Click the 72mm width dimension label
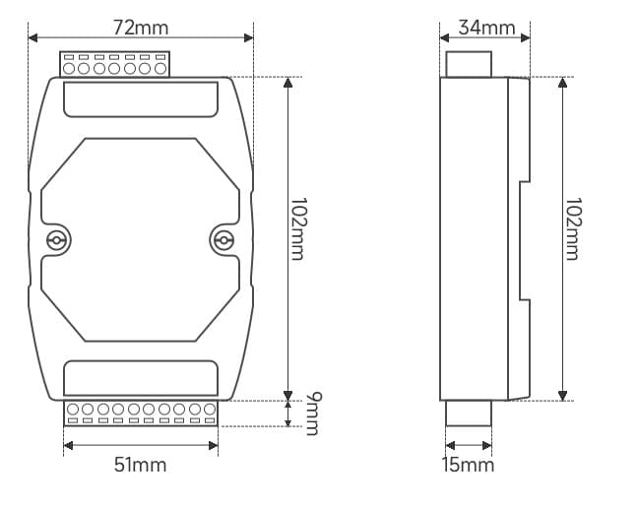[x=141, y=28]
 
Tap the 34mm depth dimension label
[x=486, y=28]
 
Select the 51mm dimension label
[x=140, y=465]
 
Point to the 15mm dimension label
[x=468, y=465]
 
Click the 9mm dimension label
[x=314, y=414]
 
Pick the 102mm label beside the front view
[x=298, y=228]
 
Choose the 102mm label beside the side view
[x=573, y=228]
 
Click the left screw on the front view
[x=56, y=240]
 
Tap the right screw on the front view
[x=223, y=240]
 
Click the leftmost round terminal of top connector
[x=69, y=68]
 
